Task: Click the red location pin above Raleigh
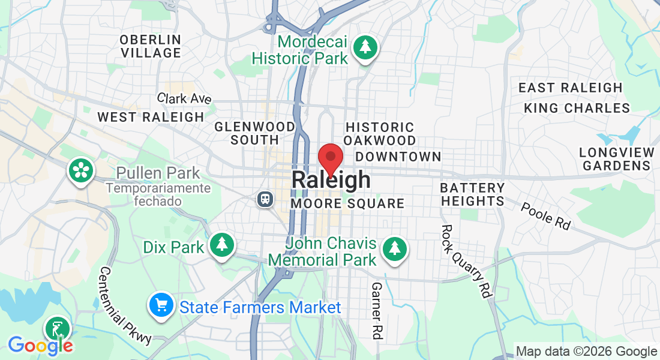[330, 158]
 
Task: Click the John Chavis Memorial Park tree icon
[394, 247]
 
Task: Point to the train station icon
[264, 199]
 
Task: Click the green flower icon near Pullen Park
[80, 170]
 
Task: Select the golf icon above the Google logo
[58, 329]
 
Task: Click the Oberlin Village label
[150, 46]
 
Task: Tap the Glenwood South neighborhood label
[255, 133]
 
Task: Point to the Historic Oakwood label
[380, 134]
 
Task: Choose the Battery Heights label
[472, 195]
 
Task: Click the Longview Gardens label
[616, 159]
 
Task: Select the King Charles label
[577, 108]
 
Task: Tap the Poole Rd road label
[545, 216]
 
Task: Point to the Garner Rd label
[377, 311]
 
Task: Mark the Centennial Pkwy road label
[127, 305]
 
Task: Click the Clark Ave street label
[184, 98]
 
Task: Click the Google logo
[40, 345]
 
